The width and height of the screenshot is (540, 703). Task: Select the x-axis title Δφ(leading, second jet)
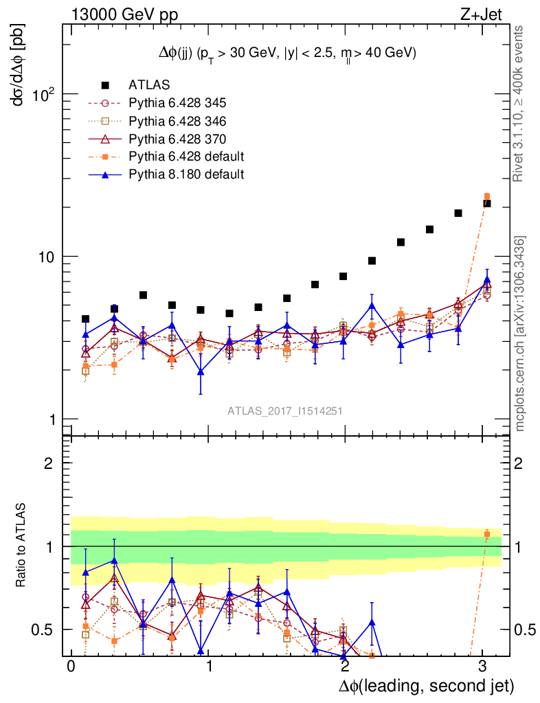tap(426, 685)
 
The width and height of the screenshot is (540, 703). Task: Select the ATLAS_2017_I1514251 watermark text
tap(285, 411)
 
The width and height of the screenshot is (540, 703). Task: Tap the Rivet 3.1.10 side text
tap(520, 103)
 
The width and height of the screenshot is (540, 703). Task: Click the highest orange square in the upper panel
tap(487, 197)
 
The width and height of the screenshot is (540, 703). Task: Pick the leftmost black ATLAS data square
tap(85, 319)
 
